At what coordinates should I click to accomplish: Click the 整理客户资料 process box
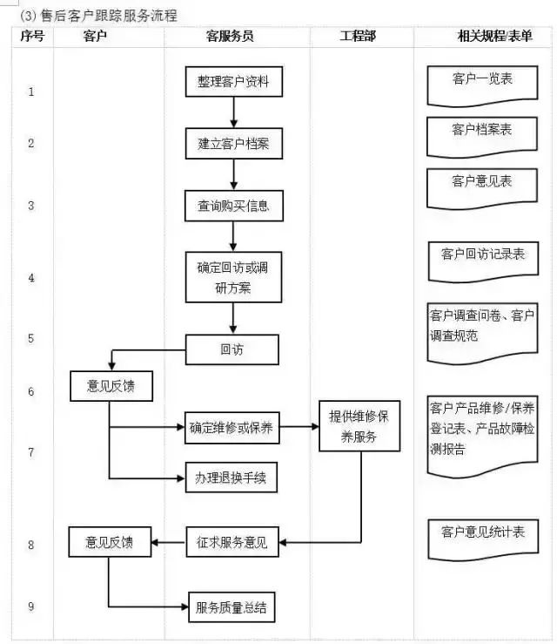(233, 82)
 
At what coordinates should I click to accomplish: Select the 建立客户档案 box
(233, 144)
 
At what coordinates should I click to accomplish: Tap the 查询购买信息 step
(233, 206)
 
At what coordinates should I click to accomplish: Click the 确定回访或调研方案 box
(233, 277)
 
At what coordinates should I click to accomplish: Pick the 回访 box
(232, 349)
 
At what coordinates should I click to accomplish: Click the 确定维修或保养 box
(231, 427)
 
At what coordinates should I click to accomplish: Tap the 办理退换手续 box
(231, 477)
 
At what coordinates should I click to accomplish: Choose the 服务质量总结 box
(232, 607)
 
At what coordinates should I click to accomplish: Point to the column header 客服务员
(231, 37)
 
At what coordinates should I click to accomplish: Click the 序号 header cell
(30, 37)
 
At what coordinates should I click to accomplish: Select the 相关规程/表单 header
(483, 37)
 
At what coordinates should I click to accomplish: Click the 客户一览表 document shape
(482, 83)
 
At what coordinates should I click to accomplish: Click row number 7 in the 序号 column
(31, 452)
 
